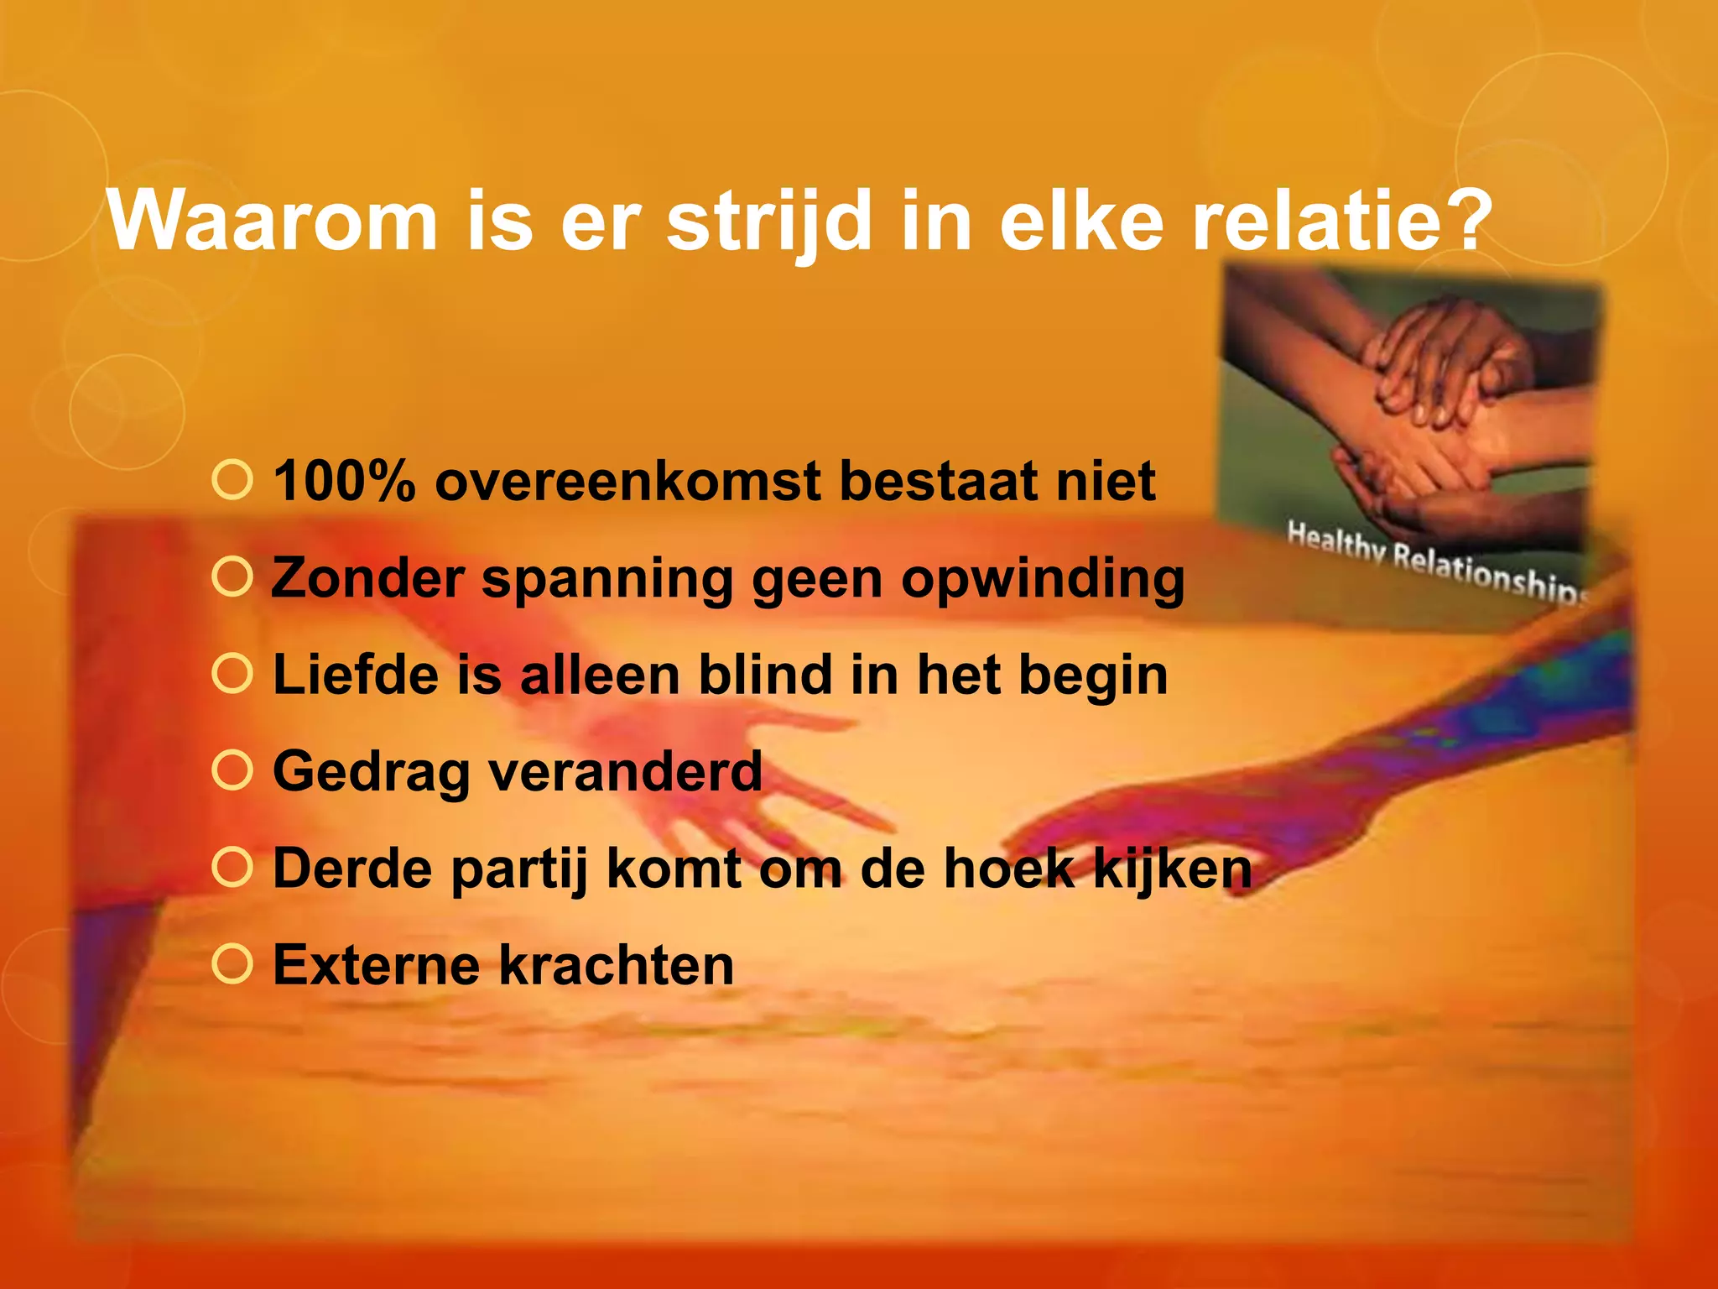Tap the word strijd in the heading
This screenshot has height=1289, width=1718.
[769, 221]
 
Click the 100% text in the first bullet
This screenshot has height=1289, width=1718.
[345, 482]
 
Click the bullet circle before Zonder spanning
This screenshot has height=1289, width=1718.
[232, 577]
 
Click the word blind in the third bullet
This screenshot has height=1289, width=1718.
[766, 675]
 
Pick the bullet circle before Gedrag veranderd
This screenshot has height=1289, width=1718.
[232, 771]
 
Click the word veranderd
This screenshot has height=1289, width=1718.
[625, 771]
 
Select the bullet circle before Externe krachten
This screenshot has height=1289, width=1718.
[232, 964]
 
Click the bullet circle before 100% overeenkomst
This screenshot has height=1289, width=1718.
[232, 481]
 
